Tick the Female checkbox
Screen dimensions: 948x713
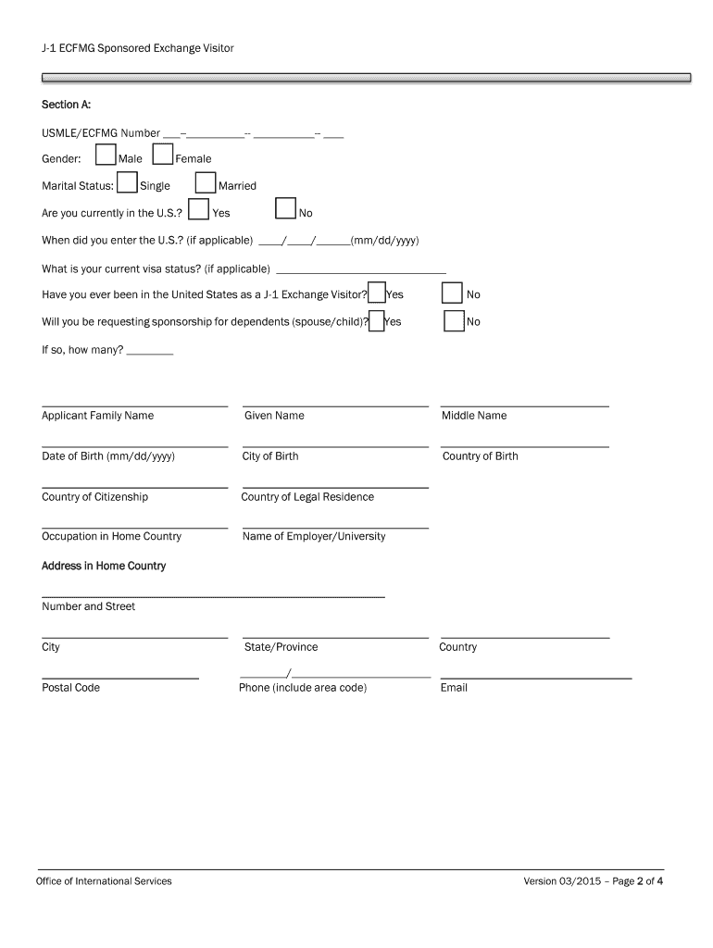pyautogui.click(x=163, y=156)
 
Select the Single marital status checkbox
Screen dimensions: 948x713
pyautogui.click(x=127, y=183)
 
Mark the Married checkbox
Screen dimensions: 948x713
pyautogui.click(x=206, y=183)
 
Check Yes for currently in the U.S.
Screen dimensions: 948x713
pyautogui.click(x=198, y=210)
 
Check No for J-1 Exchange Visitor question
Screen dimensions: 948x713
pyautogui.click(x=452, y=293)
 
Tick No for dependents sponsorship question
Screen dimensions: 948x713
pyautogui.click(x=454, y=320)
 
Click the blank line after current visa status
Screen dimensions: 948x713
pyautogui.click(x=361, y=272)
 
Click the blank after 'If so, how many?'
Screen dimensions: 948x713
pyautogui.click(x=150, y=354)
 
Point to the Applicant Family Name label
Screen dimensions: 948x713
pyautogui.click(x=97, y=416)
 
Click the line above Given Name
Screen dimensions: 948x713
pyautogui.click(x=335, y=406)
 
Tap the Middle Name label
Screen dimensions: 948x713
pyautogui.click(x=474, y=416)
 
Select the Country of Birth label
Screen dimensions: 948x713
pyautogui.click(x=481, y=456)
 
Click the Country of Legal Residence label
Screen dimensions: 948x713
pyautogui.click(x=307, y=497)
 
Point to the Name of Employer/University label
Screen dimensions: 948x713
pyautogui.click(x=314, y=537)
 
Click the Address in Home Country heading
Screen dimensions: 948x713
pyautogui.click(x=104, y=566)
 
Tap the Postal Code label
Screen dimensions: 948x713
pyautogui.click(x=70, y=688)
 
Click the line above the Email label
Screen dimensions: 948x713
pyautogui.click(x=535, y=679)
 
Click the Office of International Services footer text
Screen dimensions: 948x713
pyautogui.click(x=104, y=881)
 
